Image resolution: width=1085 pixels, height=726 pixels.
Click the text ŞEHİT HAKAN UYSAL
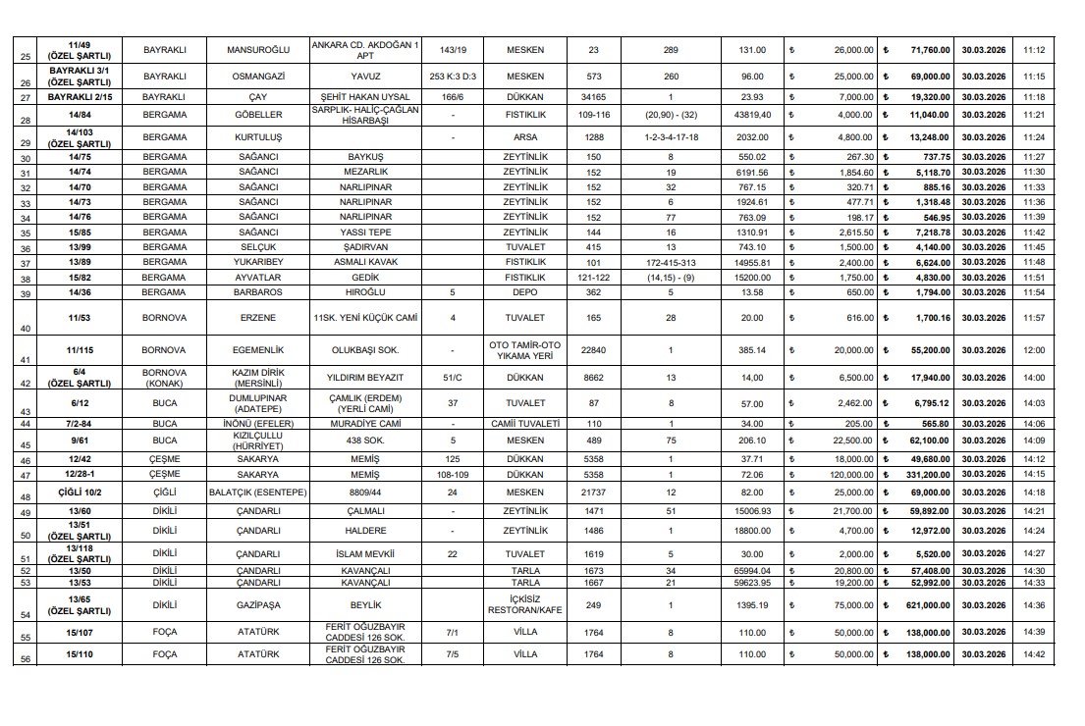coord(365,97)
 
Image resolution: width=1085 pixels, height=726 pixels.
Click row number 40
coord(24,329)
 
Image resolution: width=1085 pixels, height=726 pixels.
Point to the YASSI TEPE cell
coord(365,233)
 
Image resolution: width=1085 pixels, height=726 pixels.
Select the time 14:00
coord(1033,377)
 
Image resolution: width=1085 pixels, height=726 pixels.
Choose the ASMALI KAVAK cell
coord(365,262)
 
